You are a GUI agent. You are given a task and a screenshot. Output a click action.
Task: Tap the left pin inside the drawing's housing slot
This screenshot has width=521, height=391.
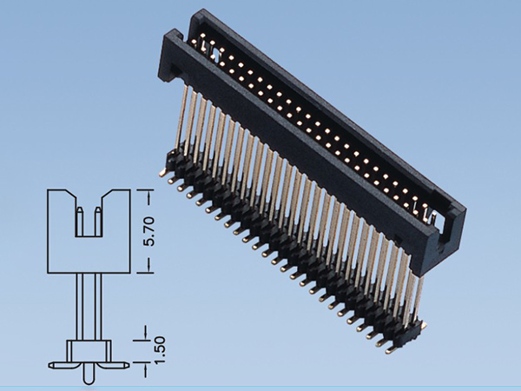(x=79, y=222)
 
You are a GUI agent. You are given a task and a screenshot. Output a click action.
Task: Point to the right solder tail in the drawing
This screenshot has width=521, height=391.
(x=122, y=362)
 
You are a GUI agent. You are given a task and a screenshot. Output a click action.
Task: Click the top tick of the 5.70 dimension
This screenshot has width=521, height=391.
(x=144, y=189)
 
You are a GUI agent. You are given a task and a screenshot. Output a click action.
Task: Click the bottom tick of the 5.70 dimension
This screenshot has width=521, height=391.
(x=144, y=272)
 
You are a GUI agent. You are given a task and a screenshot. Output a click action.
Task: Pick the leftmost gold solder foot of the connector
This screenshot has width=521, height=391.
(x=164, y=173)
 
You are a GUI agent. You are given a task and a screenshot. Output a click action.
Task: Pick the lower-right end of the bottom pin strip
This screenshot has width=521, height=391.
(x=422, y=328)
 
